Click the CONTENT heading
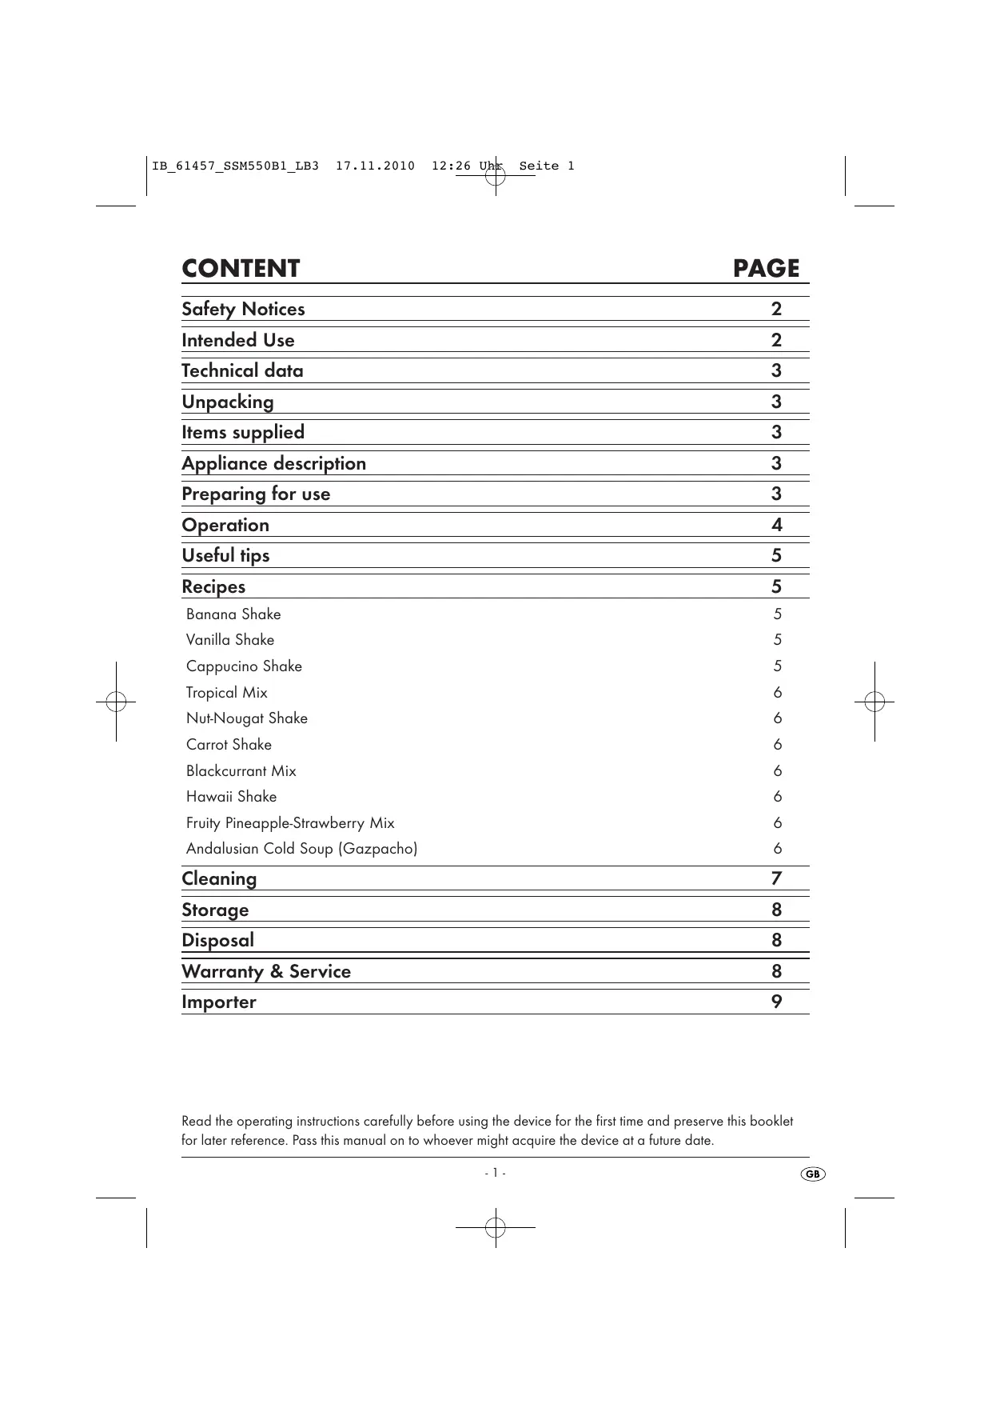pyautogui.click(x=241, y=269)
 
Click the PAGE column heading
pyautogui.click(x=766, y=269)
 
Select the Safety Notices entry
pyautogui.click(x=243, y=310)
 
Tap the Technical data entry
pyautogui.click(x=242, y=371)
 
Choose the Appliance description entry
pyautogui.click(x=273, y=464)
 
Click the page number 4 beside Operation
pyautogui.click(x=776, y=526)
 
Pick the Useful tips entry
pyautogui.click(x=225, y=556)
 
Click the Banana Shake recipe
pyautogui.click(x=233, y=614)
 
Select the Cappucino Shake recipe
pyautogui.click(x=244, y=666)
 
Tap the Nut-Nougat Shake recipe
pyautogui.click(x=246, y=718)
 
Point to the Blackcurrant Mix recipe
pyautogui.click(x=241, y=771)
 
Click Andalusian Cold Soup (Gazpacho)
pyautogui.click(x=301, y=849)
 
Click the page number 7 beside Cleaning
pyautogui.click(x=776, y=879)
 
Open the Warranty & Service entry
pyautogui.click(x=266, y=972)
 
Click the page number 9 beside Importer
pyautogui.click(x=776, y=1002)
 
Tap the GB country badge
pyautogui.click(x=812, y=1174)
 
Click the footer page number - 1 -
pyautogui.click(x=495, y=1174)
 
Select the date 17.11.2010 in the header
pyautogui.click(x=375, y=166)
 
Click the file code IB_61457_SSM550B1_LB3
pyautogui.click(x=235, y=166)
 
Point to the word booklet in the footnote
pyautogui.click(x=771, y=1122)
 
